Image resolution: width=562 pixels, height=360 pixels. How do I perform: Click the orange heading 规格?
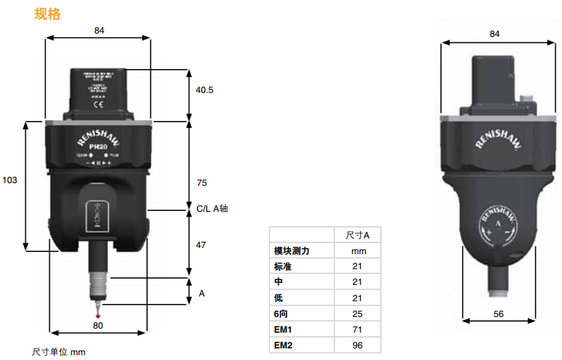(47, 14)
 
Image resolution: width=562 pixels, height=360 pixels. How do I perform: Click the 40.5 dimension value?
(204, 89)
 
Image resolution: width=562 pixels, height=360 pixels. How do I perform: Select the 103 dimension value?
(10, 180)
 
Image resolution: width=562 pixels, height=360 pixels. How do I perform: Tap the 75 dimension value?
(201, 182)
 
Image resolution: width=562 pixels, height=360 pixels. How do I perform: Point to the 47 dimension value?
(201, 244)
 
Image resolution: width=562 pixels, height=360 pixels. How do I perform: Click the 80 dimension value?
(98, 326)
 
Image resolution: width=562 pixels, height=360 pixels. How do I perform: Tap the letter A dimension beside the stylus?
(202, 293)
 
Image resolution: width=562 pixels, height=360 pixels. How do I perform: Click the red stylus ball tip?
(99, 316)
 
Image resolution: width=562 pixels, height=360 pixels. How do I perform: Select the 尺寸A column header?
(358, 235)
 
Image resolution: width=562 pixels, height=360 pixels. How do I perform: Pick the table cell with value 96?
(357, 346)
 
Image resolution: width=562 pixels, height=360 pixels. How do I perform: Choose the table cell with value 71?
(357, 330)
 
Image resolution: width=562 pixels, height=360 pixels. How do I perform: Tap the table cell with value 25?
(357, 314)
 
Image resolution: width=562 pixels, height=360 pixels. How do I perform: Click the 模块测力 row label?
(292, 251)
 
